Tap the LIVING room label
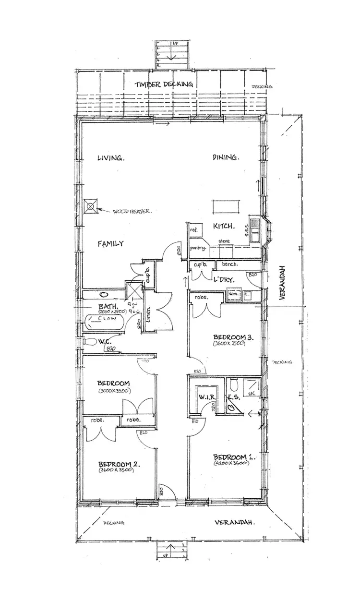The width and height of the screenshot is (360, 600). pos(111,157)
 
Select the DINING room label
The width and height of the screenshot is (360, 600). pos(226,157)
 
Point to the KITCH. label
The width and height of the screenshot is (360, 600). pos(224,226)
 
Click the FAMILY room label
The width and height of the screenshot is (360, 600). pos(111,243)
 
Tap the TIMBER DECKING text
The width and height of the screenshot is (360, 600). pos(164,84)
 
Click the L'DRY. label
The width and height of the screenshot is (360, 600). pos(224,278)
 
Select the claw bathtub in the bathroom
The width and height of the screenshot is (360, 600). pos(105,321)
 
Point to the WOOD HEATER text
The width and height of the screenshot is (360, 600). pos(132,211)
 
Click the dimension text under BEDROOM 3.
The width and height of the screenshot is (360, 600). pos(230,344)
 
